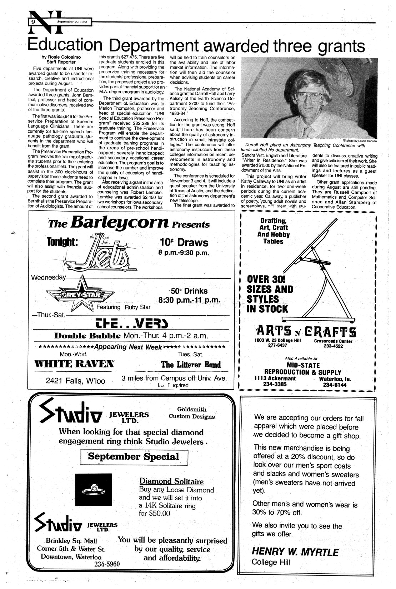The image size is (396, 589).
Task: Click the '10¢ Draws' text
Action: (184, 242)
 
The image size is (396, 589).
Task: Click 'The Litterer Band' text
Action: (191, 364)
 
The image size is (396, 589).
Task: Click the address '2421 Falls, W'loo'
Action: (75, 381)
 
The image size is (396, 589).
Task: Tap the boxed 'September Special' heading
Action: (134, 456)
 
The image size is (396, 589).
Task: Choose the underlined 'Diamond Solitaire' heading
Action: (171, 481)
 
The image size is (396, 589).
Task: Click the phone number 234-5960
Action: (107, 564)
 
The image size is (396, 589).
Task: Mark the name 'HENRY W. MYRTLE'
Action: (295, 552)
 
